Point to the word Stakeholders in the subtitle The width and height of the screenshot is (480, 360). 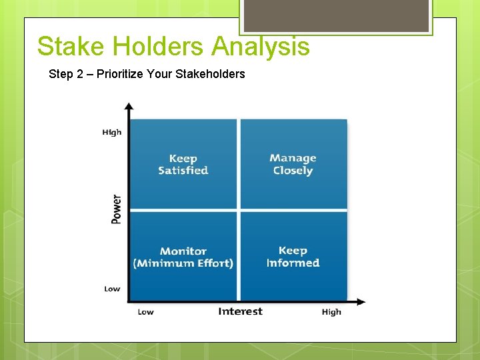click(x=210, y=74)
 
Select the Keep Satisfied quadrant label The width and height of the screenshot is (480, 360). click(x=183, y=164)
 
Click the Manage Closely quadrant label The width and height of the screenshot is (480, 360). click(x=293, y=164)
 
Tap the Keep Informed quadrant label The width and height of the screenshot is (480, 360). click(x=293, y=257)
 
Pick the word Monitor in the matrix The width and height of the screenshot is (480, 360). click(x=183, y=251)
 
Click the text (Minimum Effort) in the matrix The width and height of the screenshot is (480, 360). click(x=183, y=263)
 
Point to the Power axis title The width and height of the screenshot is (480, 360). click(x=117, y=209)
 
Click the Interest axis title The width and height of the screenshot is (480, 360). click(x=240, y=311)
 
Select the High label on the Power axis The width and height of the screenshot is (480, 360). click(x=112, y=132)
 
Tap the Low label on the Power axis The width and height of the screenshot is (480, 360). click(x=112, y=289)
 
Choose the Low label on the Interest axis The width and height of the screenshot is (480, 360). click(x=145, y=312)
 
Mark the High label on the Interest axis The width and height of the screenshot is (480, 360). click(x=331, y=312)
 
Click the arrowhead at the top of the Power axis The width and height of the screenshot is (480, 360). click(x=129, y=105)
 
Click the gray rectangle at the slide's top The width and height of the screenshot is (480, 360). click(x=335, y=15)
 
